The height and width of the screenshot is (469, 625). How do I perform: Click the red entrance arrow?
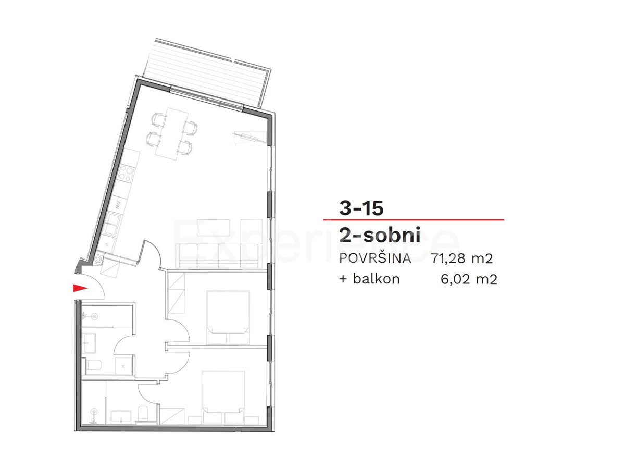[79, 288]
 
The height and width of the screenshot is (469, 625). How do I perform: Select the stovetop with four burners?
[126, 175]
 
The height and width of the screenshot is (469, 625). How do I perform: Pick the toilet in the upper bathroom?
[94, 365]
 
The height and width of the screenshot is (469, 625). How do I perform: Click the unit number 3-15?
[361, 208]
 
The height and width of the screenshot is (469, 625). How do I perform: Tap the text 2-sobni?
[379, 236]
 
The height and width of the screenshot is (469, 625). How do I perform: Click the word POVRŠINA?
[375, 258]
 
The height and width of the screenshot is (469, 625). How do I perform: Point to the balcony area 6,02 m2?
[469, 279]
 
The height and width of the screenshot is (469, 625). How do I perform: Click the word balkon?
[376, 279]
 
